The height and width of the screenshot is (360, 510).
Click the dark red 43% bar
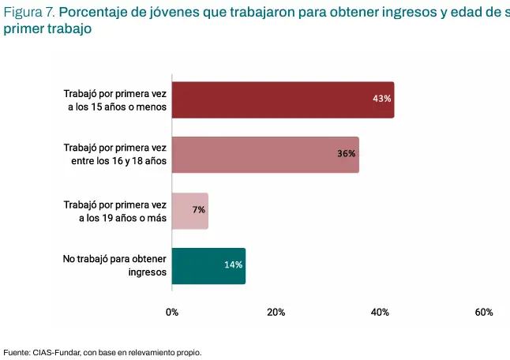click(x=283, y=100)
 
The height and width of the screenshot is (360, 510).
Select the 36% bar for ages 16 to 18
click(x=265, y=155)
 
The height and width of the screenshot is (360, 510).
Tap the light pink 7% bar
click(x=189, y=211)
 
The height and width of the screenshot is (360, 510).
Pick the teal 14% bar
click(x=208, y=266)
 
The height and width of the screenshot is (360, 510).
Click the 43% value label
click(x=382, y=99)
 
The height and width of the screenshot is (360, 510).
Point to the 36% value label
click(x=347, y=154)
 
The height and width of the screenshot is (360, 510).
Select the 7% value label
click(x=198, y=210)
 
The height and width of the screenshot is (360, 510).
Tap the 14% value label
click(x=233, y=265)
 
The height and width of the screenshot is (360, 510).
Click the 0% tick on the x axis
click(x=172, y=313)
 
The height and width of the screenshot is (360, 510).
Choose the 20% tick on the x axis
click(x=276, y=313)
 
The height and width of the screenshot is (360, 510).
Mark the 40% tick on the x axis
click(x=380, y=313)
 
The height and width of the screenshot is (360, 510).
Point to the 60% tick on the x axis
click(x=484, y=313)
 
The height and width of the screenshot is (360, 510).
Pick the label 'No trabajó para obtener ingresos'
click(x=114, y=266)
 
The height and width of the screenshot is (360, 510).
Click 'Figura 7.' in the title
click(x=29, y=13)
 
